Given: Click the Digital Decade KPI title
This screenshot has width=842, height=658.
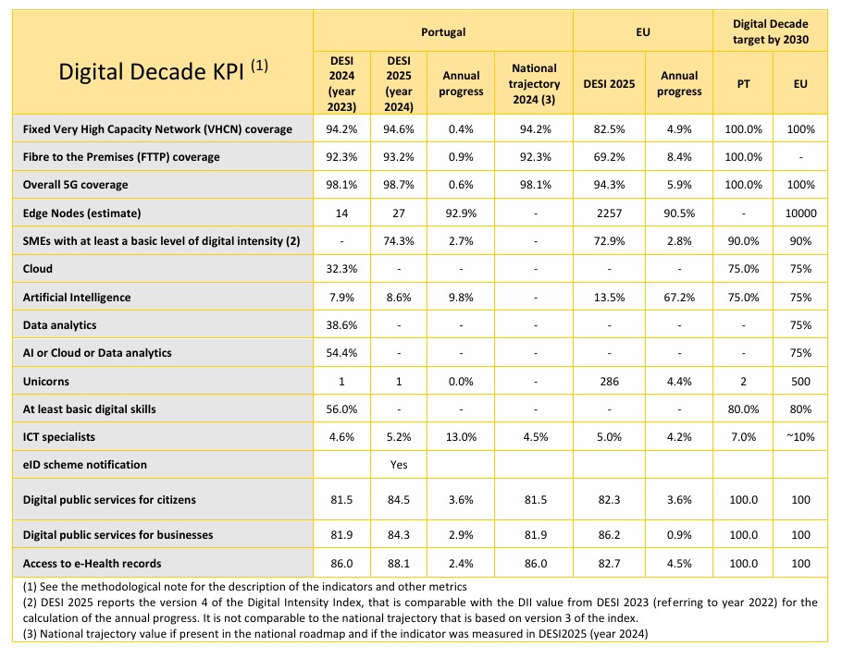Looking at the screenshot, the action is (x=163, y=71).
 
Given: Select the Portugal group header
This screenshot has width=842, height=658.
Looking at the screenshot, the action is (x=443, y=32).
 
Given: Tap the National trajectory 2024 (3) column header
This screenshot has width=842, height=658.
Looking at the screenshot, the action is (x=534, y=84).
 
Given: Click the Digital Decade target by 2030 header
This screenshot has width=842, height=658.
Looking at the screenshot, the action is (x=771, y=31).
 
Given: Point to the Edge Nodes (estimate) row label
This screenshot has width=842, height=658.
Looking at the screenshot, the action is (x=81, y=213).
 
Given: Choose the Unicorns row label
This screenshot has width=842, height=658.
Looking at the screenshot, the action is (x=45, y=382).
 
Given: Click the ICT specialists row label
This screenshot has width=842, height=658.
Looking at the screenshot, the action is (x=58, y=437).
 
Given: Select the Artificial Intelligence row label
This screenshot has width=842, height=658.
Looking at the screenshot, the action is (x=77, y=297).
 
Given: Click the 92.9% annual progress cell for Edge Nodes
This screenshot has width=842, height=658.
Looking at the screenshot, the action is (x=461, y=213).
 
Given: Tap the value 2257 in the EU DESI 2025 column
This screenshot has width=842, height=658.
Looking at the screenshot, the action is (x=609, y=213).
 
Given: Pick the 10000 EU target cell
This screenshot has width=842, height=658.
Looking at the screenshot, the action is (x=800, y=213).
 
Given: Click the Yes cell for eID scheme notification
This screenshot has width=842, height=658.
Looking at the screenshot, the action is (x=399, y=465).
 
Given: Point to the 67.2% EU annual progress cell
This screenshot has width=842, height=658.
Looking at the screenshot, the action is (x=679, y=297).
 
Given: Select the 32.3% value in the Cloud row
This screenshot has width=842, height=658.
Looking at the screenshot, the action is (x=341, y=269).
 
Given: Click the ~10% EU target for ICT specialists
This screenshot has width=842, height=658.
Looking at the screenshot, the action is (x=800, y=437).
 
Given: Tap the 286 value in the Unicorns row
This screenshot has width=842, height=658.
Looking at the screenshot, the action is (x=609, y=382).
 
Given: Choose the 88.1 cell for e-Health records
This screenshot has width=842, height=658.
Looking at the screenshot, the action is (x=399, y=563).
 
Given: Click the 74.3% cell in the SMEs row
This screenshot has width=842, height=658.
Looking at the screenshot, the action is (x=399, y=241).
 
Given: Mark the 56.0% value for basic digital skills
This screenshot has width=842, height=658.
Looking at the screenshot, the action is (x=341, y=409).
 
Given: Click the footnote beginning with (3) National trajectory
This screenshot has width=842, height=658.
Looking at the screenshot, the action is (x=336, y=634).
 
